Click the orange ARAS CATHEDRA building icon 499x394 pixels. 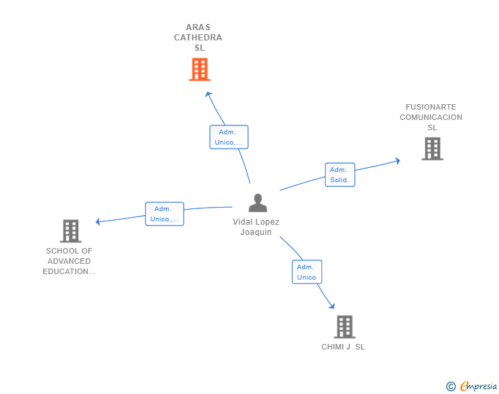click(x=199, y=69)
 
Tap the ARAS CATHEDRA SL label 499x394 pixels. click(x=198, y=38)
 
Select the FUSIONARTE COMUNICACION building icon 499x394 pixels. click(x=432, y=149)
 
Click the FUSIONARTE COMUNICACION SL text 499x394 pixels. click(x=431, y=117)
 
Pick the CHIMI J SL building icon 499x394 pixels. click(x=344, y=327)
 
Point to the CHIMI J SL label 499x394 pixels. click(x=343, y=347)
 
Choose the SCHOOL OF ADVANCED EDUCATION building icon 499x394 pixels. click(x=71, y=231)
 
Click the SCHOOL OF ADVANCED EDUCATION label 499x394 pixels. click(x=69, y=261)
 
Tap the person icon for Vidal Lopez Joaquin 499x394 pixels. click(x=258, y=203)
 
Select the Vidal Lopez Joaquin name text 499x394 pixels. click(x=256, y=227)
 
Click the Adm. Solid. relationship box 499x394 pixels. click(x=339, y=175)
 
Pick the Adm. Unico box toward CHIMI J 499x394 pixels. click(x=306, y=272)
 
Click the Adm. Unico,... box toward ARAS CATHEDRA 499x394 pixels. click(x=228, y=137)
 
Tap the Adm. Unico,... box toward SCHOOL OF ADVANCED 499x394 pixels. click(x=165, y=214)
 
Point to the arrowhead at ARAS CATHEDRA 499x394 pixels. click(x=208, y=94)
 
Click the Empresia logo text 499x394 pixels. click(x=478, y=386)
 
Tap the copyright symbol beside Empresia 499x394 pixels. click(x=450, y=386)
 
